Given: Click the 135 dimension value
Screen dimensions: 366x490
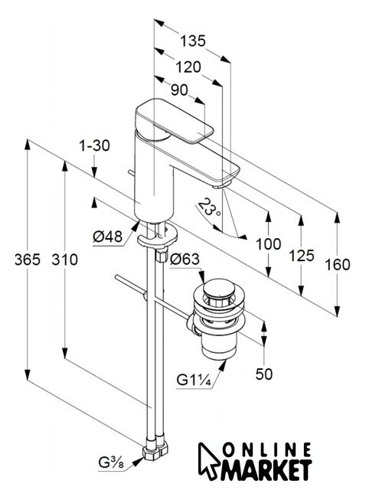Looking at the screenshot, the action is click(193, 41).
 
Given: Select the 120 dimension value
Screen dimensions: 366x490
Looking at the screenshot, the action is click(188, 67).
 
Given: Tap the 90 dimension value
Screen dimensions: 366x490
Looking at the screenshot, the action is click(180, 90).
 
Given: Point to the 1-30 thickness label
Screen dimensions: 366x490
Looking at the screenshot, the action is click(94, 146).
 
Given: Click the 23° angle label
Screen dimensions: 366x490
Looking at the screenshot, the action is click(209, 208).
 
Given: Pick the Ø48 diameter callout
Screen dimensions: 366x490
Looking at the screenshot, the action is click(107, 237).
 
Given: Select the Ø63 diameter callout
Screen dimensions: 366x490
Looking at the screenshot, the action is click(185, 259).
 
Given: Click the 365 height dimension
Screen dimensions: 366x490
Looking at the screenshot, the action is click(28, 260).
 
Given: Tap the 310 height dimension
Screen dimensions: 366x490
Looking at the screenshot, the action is click(64, 260).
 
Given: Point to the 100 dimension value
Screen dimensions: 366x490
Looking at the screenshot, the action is click(269, 244).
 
